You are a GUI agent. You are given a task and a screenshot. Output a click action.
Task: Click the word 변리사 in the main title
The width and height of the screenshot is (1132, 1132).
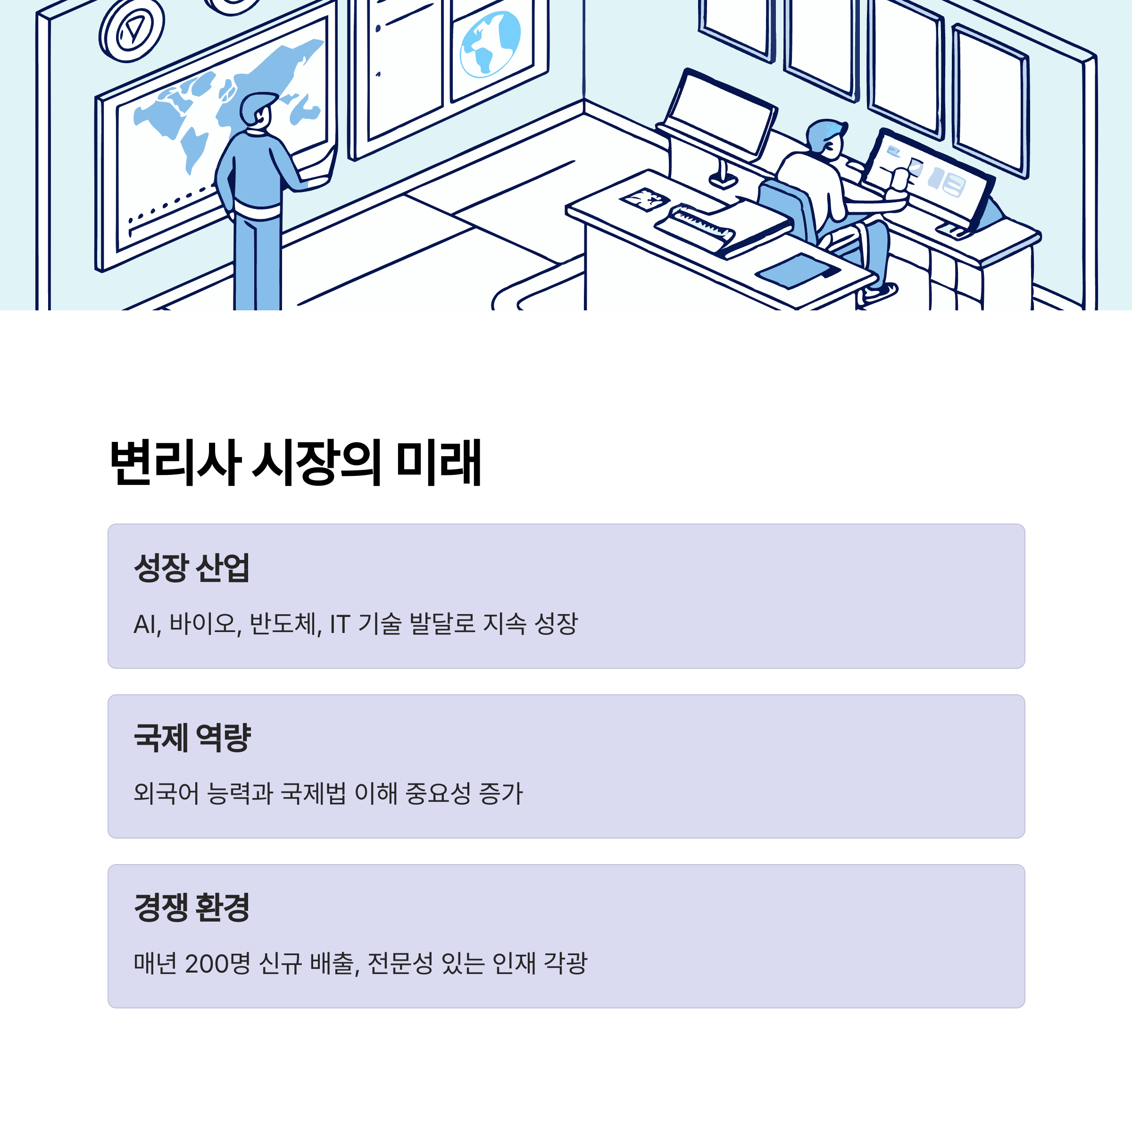point(175,463)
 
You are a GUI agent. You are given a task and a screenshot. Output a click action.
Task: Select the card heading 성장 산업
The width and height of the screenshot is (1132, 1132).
point(191,567)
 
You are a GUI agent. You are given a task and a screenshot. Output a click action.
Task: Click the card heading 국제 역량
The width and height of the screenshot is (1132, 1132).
point(191,737)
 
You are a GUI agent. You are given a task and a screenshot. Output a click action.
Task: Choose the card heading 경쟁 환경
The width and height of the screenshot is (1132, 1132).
point(191,907)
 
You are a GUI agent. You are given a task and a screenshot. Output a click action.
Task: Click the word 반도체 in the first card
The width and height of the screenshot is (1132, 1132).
point(285,624)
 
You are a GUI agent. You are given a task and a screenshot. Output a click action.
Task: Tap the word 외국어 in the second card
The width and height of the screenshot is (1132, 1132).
point(166,793)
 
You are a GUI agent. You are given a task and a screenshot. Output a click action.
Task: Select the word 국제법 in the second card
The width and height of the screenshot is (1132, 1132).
point(314,793)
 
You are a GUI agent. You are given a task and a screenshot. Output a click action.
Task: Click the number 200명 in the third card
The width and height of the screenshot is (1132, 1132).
point(217,963)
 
